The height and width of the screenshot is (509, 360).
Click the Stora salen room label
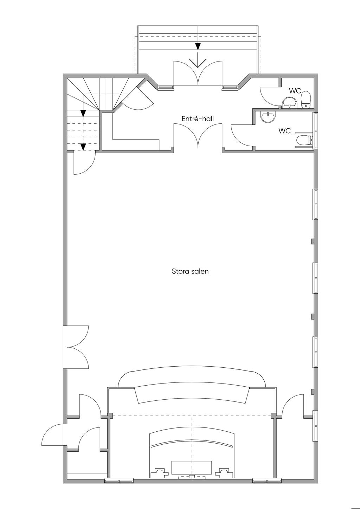pos(190,271)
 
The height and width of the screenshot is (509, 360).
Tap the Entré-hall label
pos(198,118)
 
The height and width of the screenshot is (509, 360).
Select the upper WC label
pos(295,91)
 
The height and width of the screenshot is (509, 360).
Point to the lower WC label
pos(284,131)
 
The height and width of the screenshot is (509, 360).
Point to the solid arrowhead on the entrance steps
pos(198,46)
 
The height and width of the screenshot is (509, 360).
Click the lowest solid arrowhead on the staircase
pos(83,147)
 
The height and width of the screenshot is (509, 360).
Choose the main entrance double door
pos(198,73)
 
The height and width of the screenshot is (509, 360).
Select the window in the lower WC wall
pos(315,131)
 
